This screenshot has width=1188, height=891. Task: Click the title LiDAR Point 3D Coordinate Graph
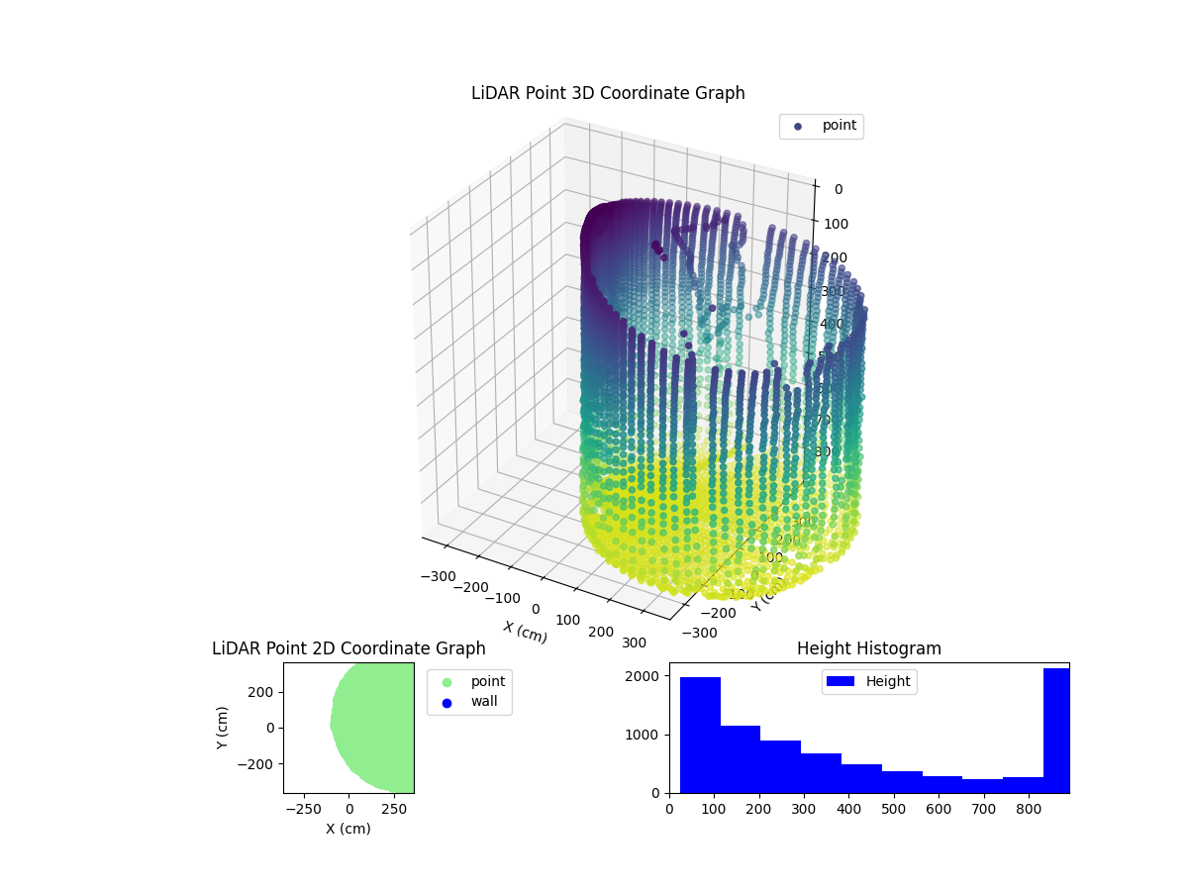(x=608, y=93)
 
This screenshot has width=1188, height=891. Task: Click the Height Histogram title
(x=868, y=648)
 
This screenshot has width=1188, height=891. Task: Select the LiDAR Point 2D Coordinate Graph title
(x=348, y=648)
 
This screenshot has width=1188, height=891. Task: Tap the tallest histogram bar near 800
(x=1055, y=731)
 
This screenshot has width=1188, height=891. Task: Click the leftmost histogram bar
(x=700, y=735)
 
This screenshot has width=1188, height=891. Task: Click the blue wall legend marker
(x=446, y=702)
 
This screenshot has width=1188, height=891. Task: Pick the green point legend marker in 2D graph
(x=446, y=682)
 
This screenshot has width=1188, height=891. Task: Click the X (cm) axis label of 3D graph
(x=525, y=632)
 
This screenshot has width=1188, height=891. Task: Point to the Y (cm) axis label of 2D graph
(x=223, y=728)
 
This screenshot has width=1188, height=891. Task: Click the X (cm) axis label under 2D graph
(x=348, y=829)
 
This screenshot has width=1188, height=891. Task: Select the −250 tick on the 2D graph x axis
(x=305, y=810)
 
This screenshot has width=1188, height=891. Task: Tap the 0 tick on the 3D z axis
(x=838, y=190)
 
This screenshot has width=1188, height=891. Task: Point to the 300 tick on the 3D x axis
(x=634, y=643)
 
